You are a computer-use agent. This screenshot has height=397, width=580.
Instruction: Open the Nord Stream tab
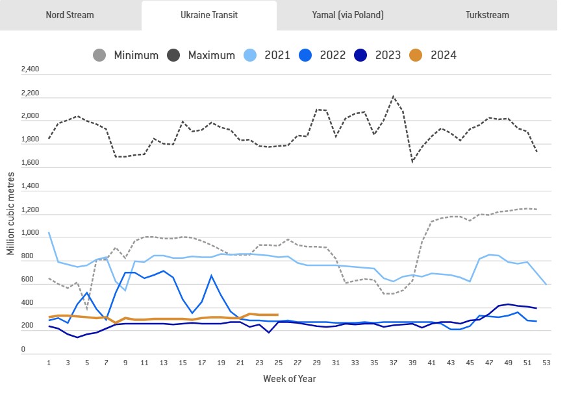[69, 15]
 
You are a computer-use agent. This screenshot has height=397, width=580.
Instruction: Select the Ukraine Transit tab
[208, 15]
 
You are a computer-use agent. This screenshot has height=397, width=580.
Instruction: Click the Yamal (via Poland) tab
[347, 15]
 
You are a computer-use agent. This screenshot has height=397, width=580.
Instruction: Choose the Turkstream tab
[487, 15]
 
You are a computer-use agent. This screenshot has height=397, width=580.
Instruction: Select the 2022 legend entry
[323, 55]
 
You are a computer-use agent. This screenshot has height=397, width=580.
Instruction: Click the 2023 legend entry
[379, 55]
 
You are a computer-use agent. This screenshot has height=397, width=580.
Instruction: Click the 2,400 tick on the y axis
[31, 69]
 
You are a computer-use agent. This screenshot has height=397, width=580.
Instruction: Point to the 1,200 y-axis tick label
[31, 210]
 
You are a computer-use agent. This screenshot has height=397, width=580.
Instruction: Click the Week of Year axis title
[290, 378]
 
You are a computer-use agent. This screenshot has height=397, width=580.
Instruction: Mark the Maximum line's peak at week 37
[393, 97]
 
